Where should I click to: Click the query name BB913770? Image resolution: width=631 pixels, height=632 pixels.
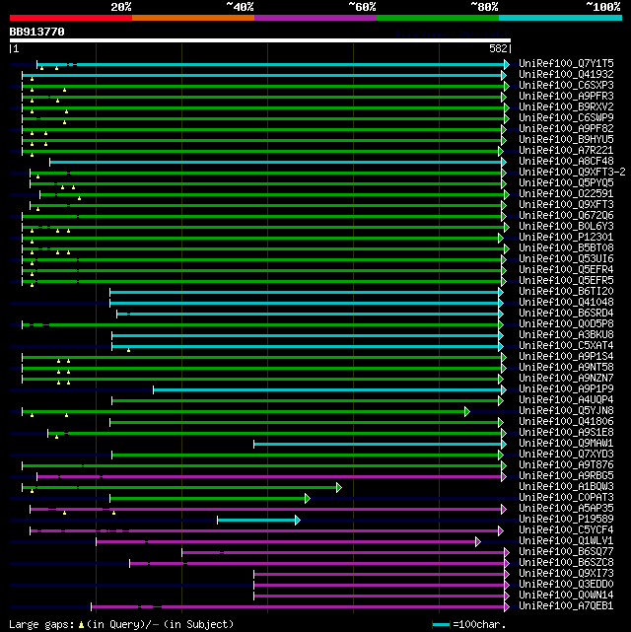36,32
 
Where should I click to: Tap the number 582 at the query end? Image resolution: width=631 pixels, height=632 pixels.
498,48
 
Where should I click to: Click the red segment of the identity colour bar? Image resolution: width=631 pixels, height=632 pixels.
70,17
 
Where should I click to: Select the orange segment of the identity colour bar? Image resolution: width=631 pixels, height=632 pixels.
192,17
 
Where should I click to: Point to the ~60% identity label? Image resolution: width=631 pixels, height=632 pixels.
362,6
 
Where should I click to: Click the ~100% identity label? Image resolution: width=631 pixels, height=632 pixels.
602,6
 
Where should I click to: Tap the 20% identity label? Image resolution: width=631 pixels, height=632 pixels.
121,6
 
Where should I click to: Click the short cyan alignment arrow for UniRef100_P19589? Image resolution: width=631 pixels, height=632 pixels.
256,520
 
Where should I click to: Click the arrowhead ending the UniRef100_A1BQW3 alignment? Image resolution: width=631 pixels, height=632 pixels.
338,487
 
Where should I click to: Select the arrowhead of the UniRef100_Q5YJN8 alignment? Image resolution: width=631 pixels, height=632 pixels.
467,411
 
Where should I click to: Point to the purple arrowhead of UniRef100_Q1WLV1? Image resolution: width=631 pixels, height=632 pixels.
478,541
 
